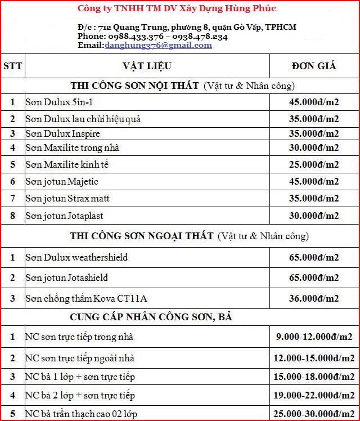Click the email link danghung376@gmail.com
click(158, 46)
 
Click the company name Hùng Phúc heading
click(176, 8)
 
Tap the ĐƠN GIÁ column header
click(314, 66)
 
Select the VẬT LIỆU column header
click(147, 66)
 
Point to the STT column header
click(12, 66)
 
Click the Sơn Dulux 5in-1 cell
click(58, 102)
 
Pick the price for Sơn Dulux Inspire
click(314, 133)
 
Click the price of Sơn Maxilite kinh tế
click(314, 164)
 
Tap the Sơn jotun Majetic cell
click(62, 181)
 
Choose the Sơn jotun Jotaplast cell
click(64, 216)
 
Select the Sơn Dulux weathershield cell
click(76, 257)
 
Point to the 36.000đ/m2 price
click(314, 298)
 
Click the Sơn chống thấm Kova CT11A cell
click(86, 298)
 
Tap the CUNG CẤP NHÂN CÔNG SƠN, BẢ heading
click(151, 317)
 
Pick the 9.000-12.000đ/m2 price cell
click(314, 337)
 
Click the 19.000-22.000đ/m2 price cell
click(314, 395)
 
